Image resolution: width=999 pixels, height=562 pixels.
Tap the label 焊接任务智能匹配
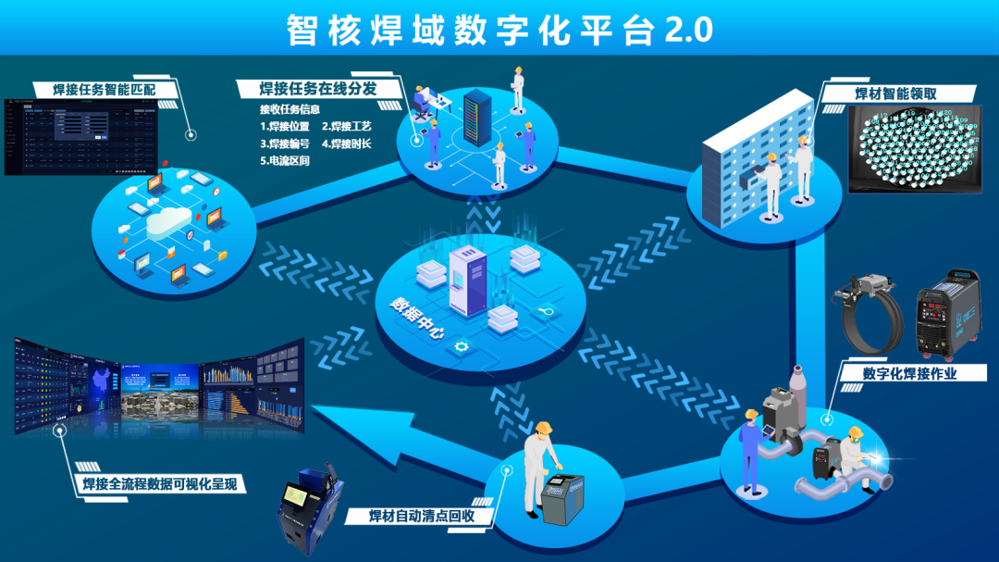(105, 90)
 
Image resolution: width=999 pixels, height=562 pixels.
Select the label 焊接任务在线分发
(317, 89)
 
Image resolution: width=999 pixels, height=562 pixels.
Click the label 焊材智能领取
(896, 94)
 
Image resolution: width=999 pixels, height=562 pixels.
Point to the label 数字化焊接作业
(909, 374)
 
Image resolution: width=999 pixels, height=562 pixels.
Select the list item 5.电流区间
(284, 160)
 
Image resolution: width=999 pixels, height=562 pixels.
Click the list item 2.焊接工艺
(345, 126)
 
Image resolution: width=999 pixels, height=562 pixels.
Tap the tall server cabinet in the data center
(465, 281)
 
